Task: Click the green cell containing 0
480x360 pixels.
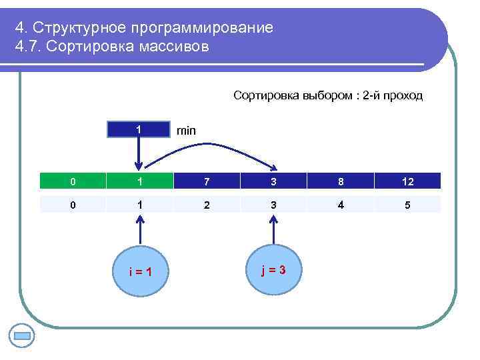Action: coord(73,181)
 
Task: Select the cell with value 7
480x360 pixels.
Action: coord(206,181)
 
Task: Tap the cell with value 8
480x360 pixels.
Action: coord(340,181)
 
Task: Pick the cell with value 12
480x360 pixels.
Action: coord(407,181)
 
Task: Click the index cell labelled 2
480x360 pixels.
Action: coord(206,205)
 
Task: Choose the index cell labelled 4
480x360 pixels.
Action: coord(340,205)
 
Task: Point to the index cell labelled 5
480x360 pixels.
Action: coord(407,205)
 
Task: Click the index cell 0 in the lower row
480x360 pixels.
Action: coord(73,205)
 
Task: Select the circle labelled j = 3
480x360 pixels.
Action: coord(273,269)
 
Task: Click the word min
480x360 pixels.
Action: coord(186,131)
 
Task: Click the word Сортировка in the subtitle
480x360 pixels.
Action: coord(263,95)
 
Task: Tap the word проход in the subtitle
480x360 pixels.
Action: coord(404,95)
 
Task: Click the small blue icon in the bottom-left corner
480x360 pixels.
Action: coord(23,335)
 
